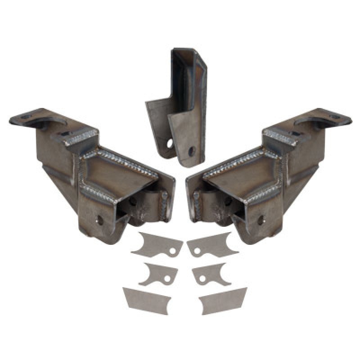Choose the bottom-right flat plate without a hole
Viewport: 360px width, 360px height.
click(x=223, y=300)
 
